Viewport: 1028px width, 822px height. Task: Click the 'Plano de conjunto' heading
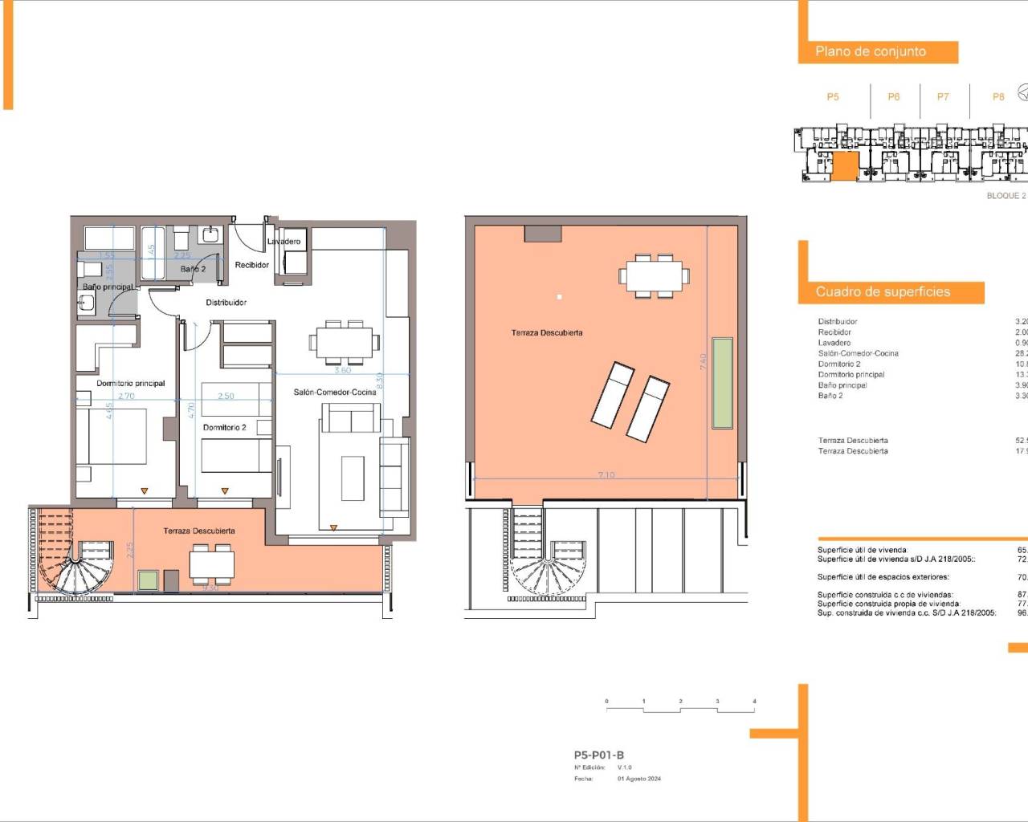871,51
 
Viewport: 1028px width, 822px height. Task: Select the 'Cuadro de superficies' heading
883,292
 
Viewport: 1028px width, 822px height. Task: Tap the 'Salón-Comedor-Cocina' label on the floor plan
334,392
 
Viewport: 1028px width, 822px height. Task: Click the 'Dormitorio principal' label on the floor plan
130,383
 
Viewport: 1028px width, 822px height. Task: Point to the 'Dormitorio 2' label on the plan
224,427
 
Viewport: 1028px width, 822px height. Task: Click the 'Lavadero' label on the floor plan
284,241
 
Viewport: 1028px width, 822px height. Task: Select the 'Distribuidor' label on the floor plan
226,303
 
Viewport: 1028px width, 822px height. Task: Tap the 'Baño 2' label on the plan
193,269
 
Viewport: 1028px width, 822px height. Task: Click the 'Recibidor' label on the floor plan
251,265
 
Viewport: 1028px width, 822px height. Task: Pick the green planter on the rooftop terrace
723,383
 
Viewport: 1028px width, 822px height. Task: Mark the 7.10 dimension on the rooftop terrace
606,475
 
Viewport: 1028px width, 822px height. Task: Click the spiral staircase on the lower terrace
77,566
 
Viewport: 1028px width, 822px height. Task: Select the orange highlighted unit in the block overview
844,166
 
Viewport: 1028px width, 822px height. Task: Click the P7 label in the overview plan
943,97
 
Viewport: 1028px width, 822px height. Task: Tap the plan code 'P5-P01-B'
598,755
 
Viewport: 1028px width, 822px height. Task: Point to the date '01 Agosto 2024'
638,779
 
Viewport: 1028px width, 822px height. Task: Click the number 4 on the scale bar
754,702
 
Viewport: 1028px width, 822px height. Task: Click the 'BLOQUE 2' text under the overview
1006,196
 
